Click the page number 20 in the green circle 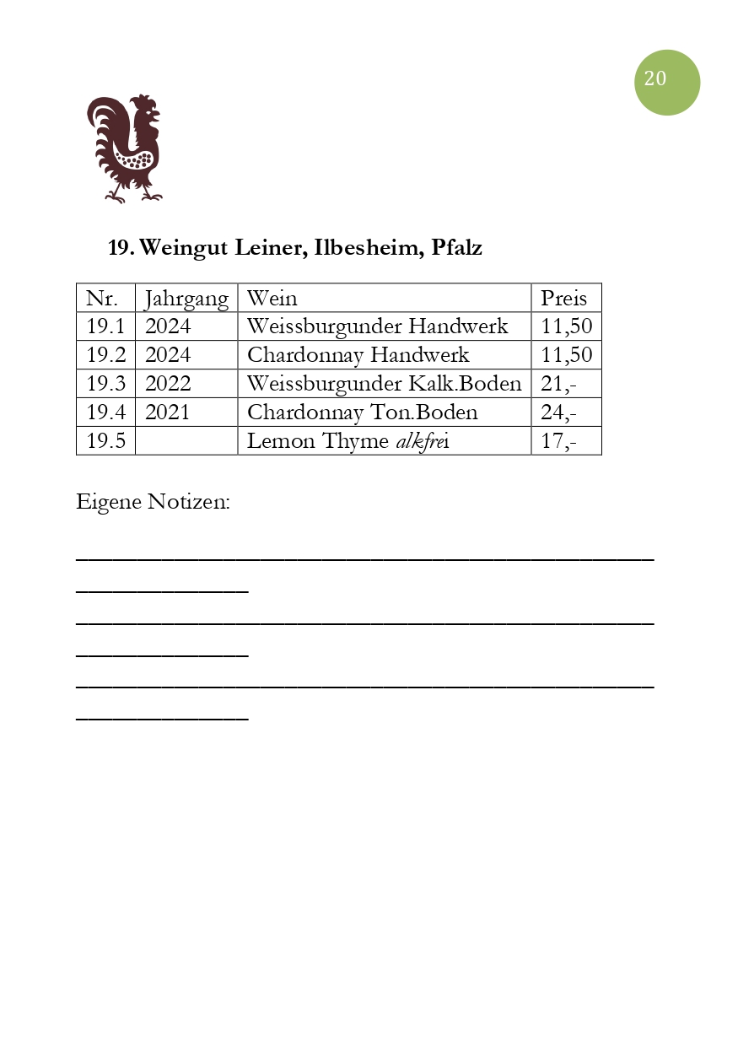pyautogui.click(x=656, y=79)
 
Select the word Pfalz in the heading pyautogui.click(x=456, y=248)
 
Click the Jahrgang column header pyautogui.click(x=186, y=299)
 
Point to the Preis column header pyautogui.click(x=563, y=299)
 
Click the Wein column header pyautogui.click(x=272, y=299)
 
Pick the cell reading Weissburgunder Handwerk pyautogui.click(x=377, y=326)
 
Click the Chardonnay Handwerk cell pyautogui.click(x=358, y=355)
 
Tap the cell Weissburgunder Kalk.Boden pyautogui.click(x=384, y=384)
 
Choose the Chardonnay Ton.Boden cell pyautogui.click(x=362, y=412)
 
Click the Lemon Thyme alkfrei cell pyautogui.click(x=347, y=441)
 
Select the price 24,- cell pyautogui.click(x=558, y=412)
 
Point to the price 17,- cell pyautogui.click(x=558, y=441)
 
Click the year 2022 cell pyautogui.click(x=168, y=384)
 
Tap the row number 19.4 pyautogui.click(x=105, y=412)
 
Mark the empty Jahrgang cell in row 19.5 pyautogui.click(x=186, y=441)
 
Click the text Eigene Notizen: pyautogui.click(x=153, y=502)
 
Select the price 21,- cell pyautogui.click(x=558, y=384)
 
